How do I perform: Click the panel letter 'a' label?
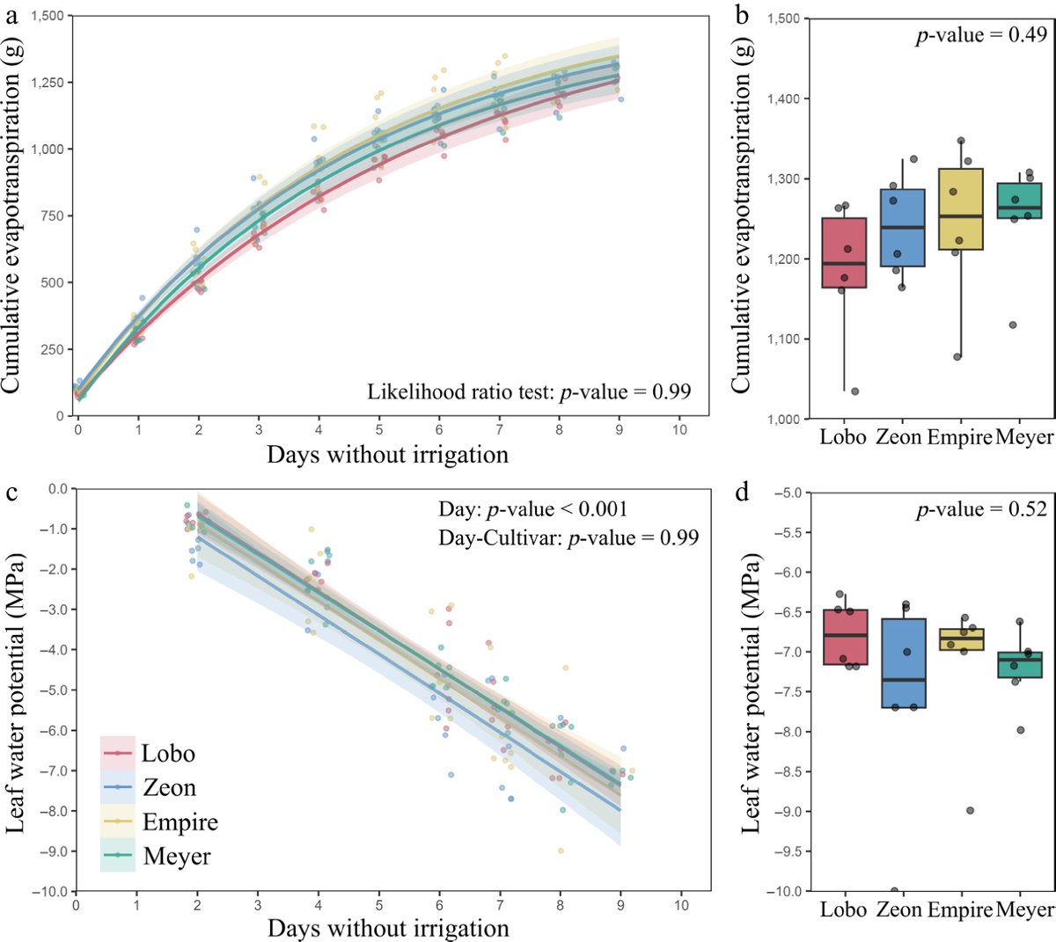coord(11,13)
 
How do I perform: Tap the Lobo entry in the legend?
coord(167,754)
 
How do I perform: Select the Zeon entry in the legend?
coord(169,788)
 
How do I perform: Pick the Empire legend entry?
coord(180,822)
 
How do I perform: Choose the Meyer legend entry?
coord(176,856)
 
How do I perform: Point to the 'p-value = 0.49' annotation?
coord(981,35)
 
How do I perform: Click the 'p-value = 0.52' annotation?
coord(981,509)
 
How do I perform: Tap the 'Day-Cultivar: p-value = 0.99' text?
coord(568,537)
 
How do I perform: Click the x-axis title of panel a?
coord(387,455)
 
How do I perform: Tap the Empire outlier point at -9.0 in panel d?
coord(970,810)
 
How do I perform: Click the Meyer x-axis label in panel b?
coord(1024,437)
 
